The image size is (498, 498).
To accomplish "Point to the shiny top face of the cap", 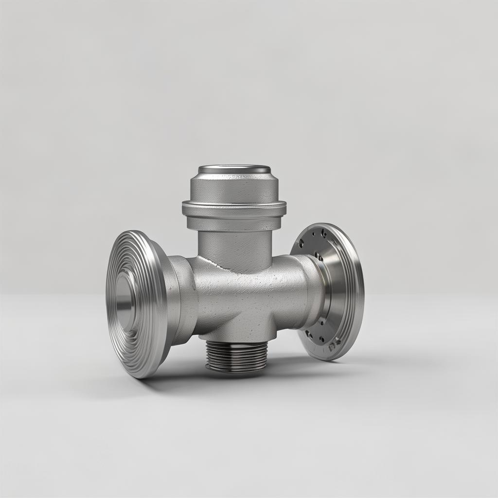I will coord(234,169).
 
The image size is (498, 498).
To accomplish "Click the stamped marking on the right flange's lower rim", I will coord(334,346).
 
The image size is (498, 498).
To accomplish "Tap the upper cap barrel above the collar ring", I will coord(234,187).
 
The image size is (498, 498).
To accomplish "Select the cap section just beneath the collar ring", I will coord(234,223).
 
